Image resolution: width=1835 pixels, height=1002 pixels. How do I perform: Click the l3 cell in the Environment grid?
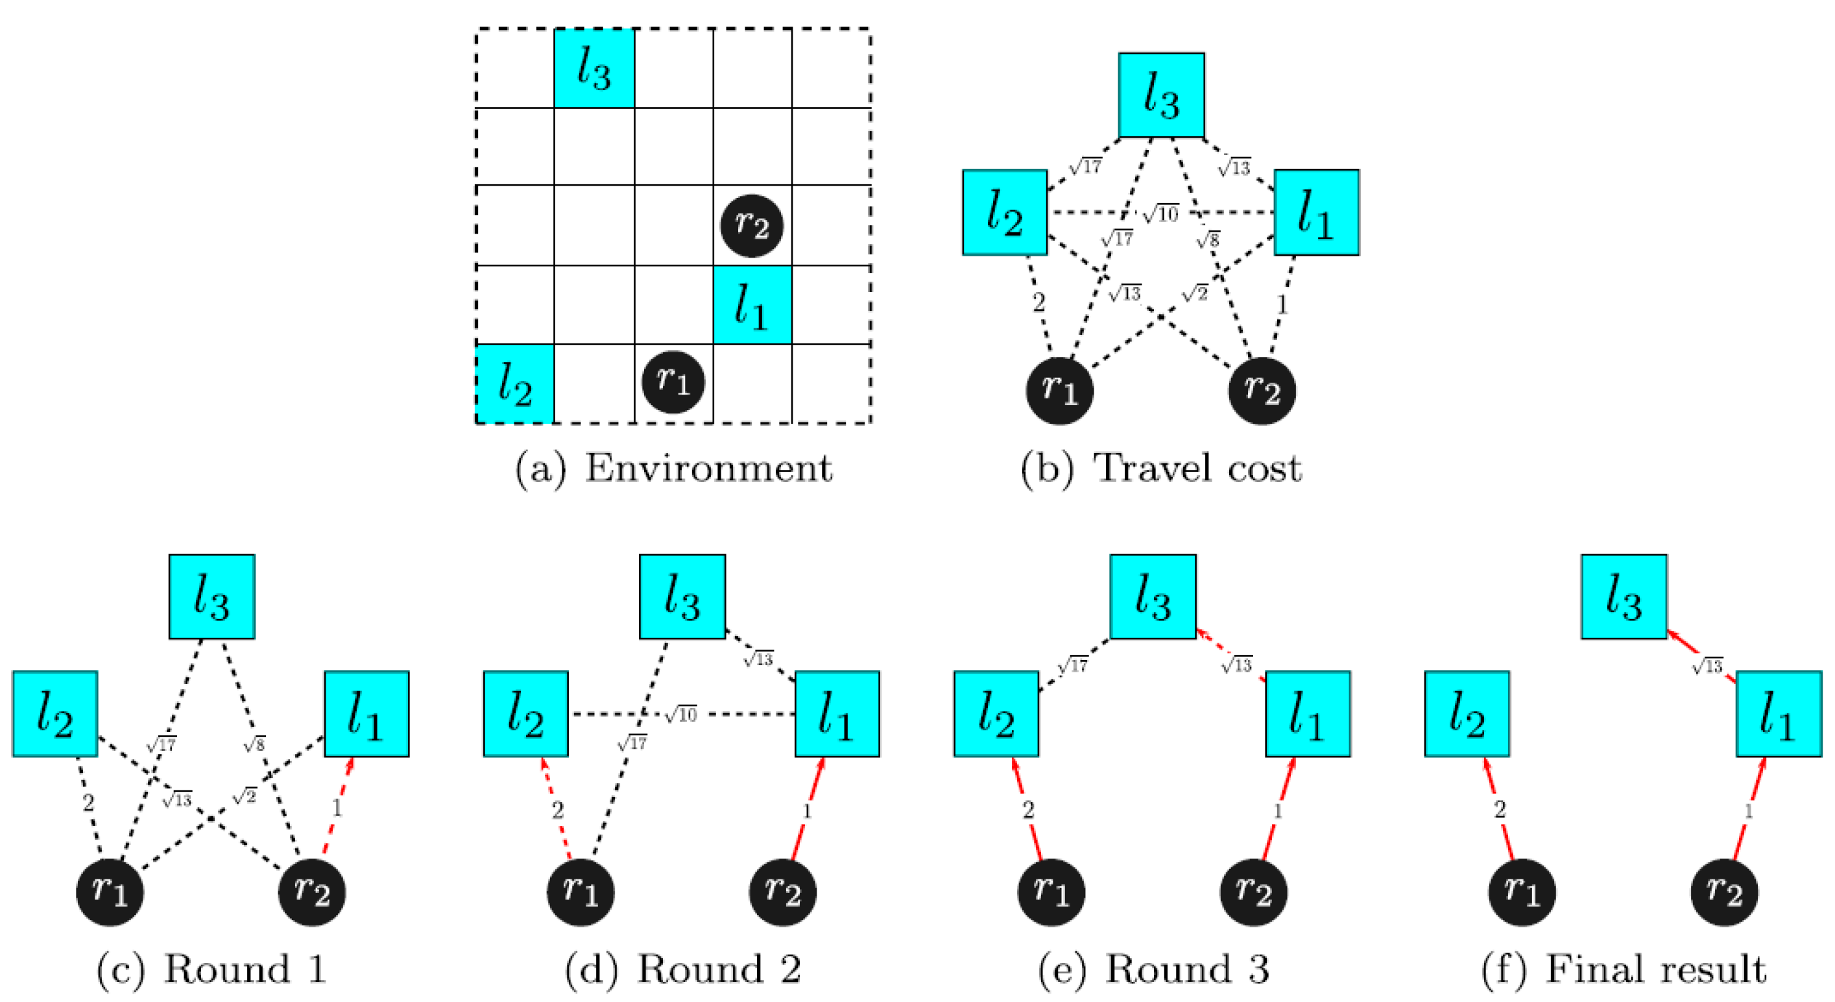[594, 68]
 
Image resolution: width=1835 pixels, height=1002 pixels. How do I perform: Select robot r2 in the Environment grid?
[752, 226]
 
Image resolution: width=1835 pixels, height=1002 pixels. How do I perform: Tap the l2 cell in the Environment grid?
[514, 384]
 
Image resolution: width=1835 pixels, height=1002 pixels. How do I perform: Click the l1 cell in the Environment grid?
[752, 305]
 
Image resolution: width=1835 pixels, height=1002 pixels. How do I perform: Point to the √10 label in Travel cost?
[1161, 213]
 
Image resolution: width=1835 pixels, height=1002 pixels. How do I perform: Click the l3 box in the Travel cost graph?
[1161, 95]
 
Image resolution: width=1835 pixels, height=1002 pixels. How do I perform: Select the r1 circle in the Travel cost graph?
[1059, 391]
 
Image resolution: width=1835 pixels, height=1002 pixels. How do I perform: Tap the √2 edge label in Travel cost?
[1195, 293]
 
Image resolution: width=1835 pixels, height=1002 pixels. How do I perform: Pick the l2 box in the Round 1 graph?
[55, 713]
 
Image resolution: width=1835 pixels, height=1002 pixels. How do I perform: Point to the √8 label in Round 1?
[254, 745]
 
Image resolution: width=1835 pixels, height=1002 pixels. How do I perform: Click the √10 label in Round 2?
[681, 714]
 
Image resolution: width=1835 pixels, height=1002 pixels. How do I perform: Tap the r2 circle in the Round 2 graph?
[783, 892]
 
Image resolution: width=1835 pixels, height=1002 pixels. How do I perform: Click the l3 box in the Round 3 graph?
[1153, 596]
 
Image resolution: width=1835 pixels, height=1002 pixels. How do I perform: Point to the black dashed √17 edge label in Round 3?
[1072, 665]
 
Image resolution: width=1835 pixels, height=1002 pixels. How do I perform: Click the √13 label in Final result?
[1707, 666]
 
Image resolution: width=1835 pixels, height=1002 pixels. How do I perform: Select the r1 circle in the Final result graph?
[1522, 892]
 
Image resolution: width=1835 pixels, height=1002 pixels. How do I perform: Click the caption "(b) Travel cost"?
[1161, 469]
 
